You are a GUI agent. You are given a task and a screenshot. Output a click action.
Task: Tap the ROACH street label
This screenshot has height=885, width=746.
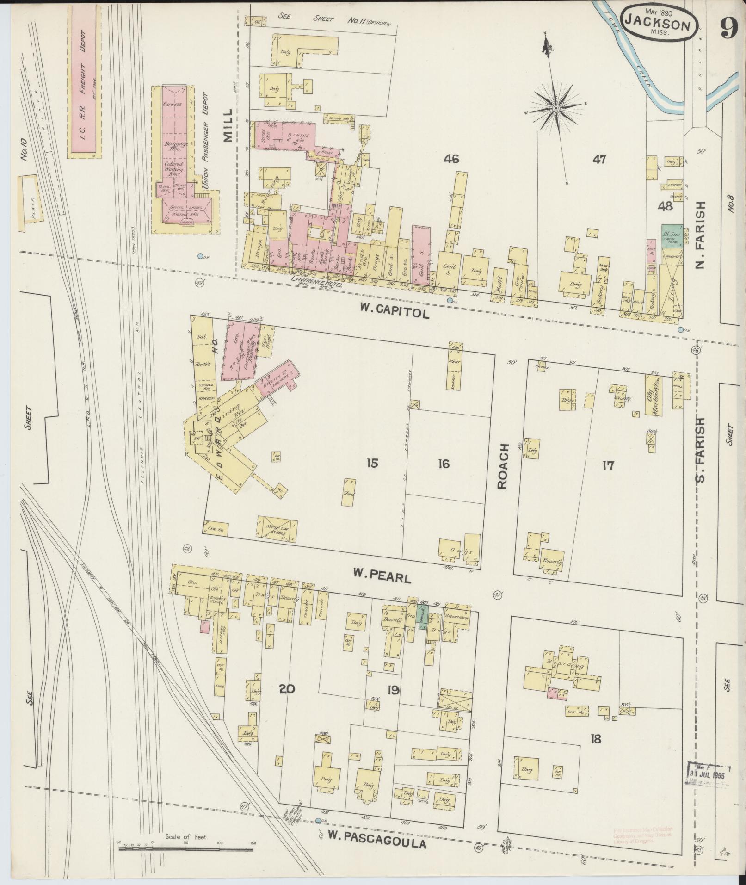click(503, 466)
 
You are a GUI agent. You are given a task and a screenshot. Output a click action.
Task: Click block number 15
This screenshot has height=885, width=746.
click(372, 463)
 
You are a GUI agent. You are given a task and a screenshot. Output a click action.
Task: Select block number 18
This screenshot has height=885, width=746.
click(596, 739)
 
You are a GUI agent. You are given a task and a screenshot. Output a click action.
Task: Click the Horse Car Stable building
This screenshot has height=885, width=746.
click(277, 529)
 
